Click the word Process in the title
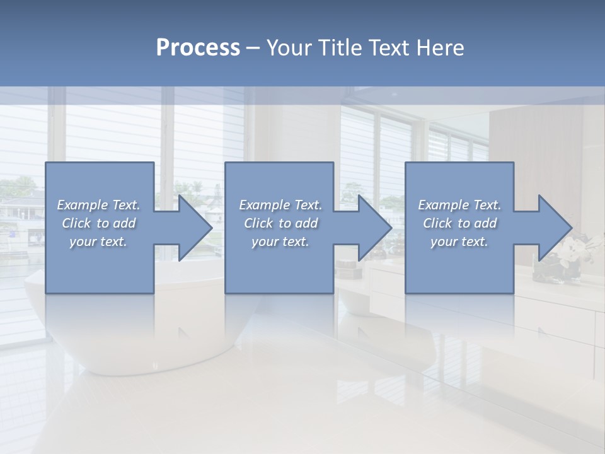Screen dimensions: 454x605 tap(198, 48)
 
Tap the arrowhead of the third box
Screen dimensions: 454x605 tap(554, 228)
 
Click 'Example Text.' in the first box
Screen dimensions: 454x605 tap(99, 205)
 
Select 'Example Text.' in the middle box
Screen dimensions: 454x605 tap(280, 205)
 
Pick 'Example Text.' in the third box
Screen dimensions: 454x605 tap(459, 205)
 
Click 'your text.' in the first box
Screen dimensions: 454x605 tap(98, 242)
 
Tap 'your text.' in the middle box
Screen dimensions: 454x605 tap(280, 242)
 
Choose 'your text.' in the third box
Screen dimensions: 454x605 tap(459, 242)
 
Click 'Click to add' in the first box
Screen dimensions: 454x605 tap(99, 223)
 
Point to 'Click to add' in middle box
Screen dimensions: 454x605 tap(280, 223)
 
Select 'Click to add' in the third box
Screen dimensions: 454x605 tap(459, 223)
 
